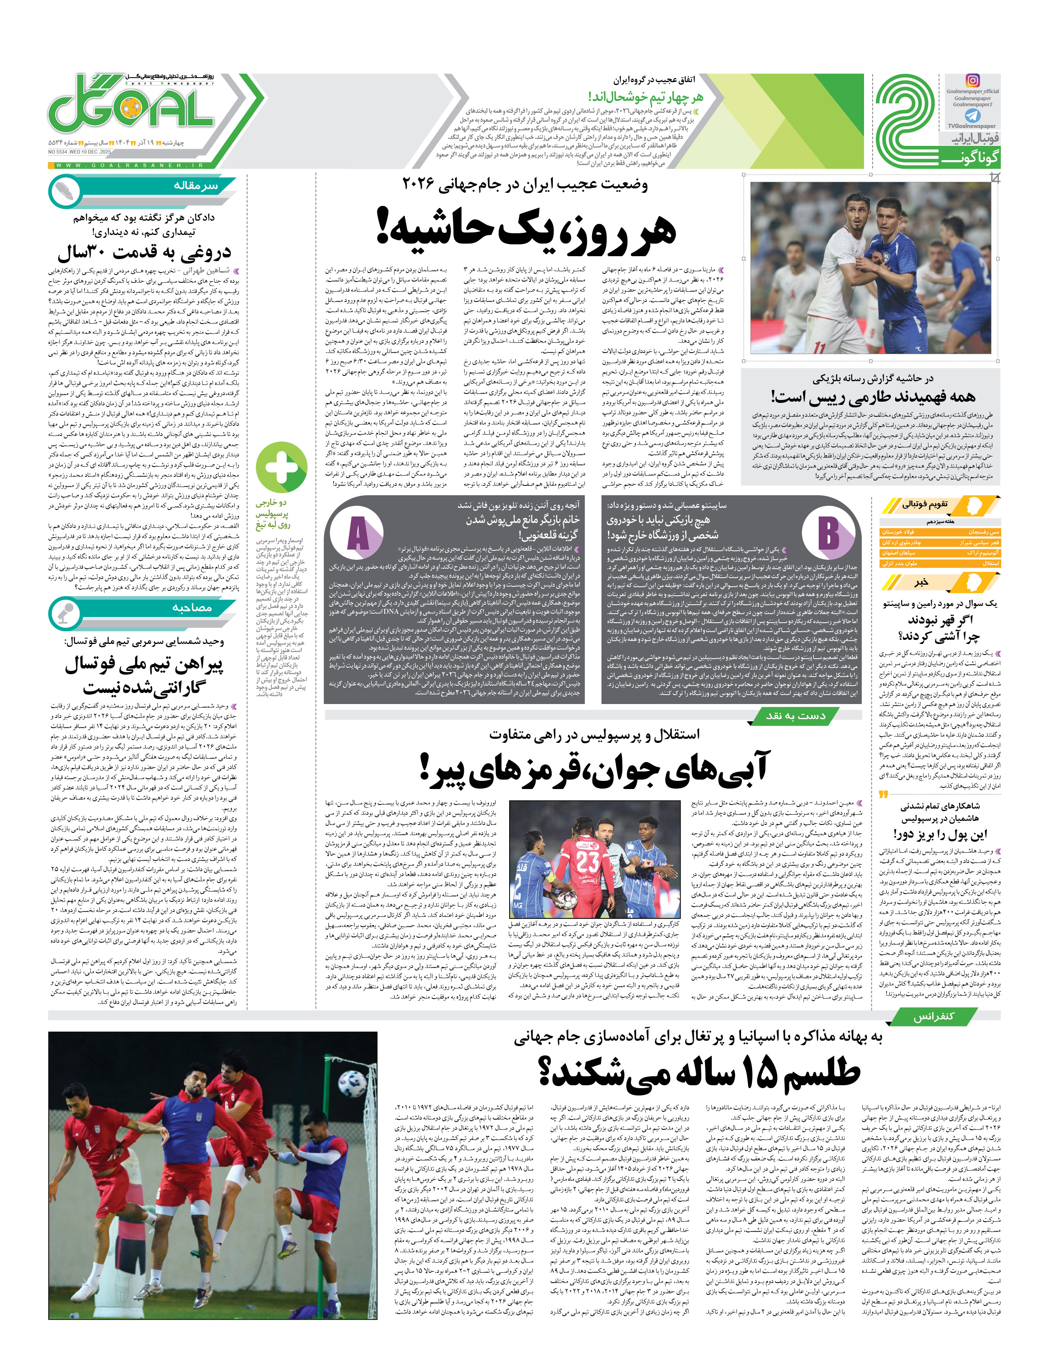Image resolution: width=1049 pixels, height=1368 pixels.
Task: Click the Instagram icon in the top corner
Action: [972, 80]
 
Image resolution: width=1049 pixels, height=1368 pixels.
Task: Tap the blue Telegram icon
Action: [972, 116]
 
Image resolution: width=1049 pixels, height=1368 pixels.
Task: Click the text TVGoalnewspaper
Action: [972, 126]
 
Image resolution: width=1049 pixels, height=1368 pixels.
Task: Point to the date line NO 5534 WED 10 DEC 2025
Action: [79, 152]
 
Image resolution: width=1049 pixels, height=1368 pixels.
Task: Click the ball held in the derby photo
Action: [566, 898]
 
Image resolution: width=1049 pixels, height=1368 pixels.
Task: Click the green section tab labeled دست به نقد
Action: [795, 716]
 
